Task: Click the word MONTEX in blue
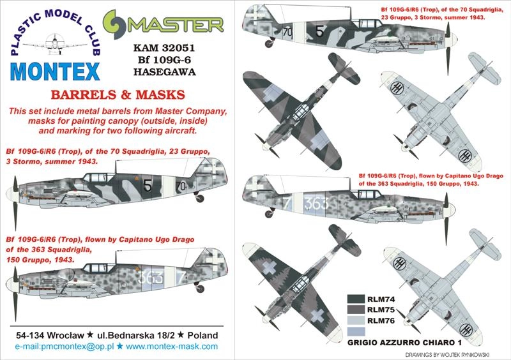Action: click(x=55, y=71)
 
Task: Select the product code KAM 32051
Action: click(x=164, y=48)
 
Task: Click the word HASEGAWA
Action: click(x=164, y=71)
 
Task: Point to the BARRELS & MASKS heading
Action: click(x=118, y=95)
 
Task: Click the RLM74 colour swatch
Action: click(x=356, y=299)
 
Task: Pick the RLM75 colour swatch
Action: click(x=356, y=310)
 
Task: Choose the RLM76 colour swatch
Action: click(x=356, y=320)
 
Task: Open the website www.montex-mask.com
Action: click(x=172, y=347)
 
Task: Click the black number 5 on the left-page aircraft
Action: click(x=148, y=185)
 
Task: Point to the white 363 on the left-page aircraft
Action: click(x=150, y=277)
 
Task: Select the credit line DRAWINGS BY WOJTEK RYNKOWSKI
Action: click(x=448, y=355)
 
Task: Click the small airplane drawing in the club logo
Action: click(x=56, y=43)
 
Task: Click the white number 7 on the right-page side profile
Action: click(x=287, y=203)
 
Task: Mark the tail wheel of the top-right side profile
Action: click(x=269, y=43)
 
